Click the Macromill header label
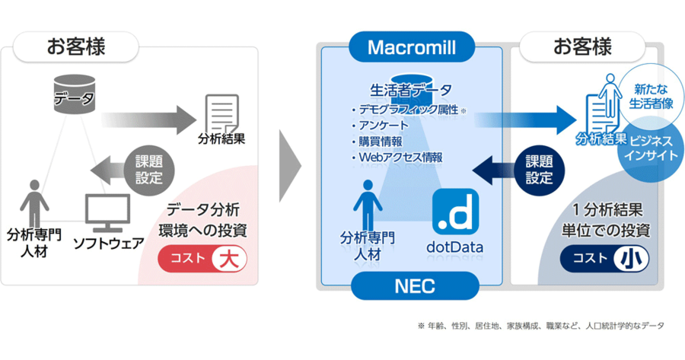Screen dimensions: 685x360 (x=412, y=46)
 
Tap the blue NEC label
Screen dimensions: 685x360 (x=415, y=285)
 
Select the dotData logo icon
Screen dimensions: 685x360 (x=455, y=212)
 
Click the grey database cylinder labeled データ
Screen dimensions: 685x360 (x=75, y=94)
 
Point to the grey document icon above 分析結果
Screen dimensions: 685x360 (x=222, y=113)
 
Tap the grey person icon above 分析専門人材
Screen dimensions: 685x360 (x=34, y=203)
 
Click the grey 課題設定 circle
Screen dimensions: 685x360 (x=149, y=170)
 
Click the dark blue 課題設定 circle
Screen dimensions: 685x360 (x=539, y=170)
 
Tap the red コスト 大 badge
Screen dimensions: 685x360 (x=202, y=259)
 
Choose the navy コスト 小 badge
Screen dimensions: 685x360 (x=604, y=259)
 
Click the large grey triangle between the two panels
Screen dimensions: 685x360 (x=290, y=166)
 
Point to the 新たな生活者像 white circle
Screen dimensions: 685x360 (x=651, y=97)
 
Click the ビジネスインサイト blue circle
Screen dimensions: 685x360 (x=651, y=148)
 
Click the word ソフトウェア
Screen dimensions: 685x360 (x=109, y=244)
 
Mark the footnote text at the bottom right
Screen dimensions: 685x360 (x=541, y=326)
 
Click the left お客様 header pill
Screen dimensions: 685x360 (x=76, y=46)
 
